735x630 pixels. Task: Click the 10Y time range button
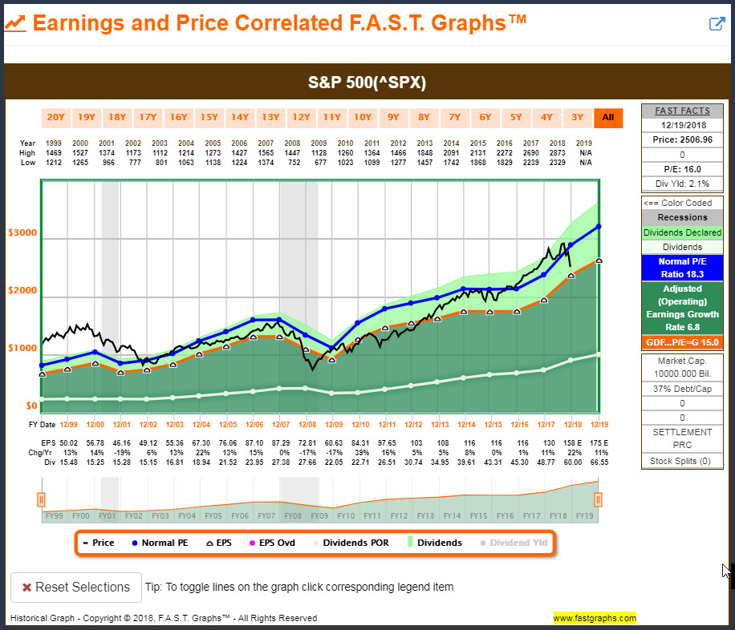point(363,118)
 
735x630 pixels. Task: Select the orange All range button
point(608,118)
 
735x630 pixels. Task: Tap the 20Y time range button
point(56,118)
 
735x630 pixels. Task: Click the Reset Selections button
point(76,587)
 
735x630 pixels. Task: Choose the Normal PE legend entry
point(160,543)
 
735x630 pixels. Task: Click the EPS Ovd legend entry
point(272,543)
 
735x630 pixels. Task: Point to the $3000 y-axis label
point(22,232)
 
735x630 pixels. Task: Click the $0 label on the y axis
point(31,406)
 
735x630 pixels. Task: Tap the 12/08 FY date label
point(307,424)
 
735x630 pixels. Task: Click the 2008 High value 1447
point(292,153)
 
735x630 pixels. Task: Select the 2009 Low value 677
point(320,163)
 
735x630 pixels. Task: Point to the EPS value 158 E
point(572,443)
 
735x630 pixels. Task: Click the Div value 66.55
point(599,462)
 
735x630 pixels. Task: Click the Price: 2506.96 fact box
point(682,139)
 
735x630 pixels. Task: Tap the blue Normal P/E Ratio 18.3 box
point(682,268)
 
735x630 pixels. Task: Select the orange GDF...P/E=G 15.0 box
point(682,342)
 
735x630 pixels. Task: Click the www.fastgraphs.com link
point(595,618)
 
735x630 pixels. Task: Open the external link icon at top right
point(717,23)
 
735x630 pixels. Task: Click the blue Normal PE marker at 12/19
point(599,227)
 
